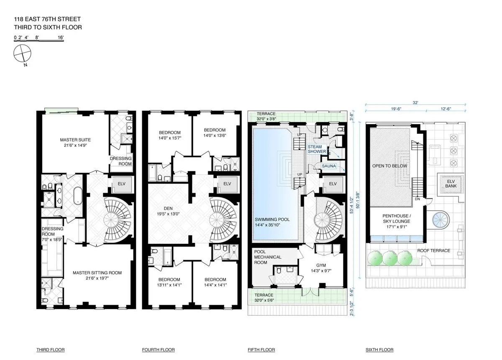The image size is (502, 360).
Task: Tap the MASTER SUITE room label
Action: point(75,140)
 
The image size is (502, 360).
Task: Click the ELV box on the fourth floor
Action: point(227,184)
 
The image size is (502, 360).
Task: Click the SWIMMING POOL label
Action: point(272,220)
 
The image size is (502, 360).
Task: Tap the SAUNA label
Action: point(329,166)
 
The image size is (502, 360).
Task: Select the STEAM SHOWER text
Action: point(317,149)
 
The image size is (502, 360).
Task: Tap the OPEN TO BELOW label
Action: point(389,166)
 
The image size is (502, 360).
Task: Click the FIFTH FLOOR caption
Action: point(261,350)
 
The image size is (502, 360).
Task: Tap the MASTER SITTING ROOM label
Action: point(97,273)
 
